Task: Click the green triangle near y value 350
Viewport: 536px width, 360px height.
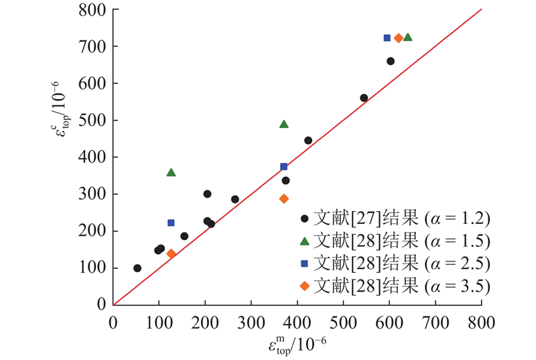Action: (172, 172)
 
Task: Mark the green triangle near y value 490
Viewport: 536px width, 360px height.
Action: (284, 124)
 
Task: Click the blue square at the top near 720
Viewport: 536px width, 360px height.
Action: (387, 38)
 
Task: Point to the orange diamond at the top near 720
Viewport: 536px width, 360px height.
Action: (399, 38)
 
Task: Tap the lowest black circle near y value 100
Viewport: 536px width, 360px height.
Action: (137, 268)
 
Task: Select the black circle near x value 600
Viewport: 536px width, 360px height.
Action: (391, 61)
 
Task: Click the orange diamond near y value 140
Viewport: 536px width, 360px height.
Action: (171, 253)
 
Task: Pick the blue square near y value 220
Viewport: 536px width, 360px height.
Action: (171, 223)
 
